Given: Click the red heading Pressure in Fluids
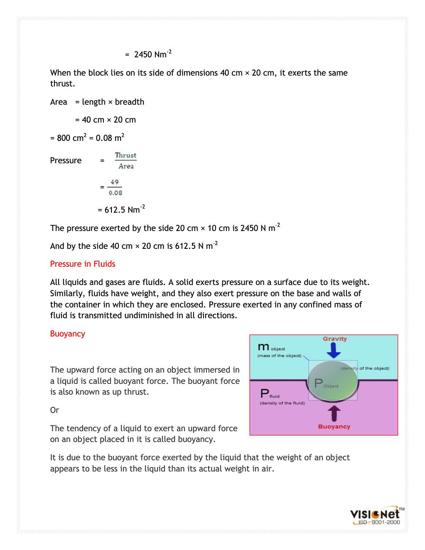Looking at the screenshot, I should (x=83, y=264).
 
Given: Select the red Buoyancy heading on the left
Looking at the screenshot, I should (x=67, y=334).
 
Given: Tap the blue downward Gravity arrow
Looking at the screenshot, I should (x=334, y=351).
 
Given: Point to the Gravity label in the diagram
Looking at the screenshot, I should (x=335, y=339).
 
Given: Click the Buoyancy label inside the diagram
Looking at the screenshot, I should (x=334, y=427).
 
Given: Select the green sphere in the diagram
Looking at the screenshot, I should (x=333, y=381).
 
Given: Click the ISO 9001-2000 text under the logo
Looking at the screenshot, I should (x=379, y=523).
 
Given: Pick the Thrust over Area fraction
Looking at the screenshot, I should (x=125, y=161).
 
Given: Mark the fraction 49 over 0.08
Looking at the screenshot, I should (x=115, y=187).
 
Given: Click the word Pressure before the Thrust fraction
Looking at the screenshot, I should (x=66, y=161).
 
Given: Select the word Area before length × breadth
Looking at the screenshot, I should (x=59, y=102).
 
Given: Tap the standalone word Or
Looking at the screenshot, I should (x=54, y=410).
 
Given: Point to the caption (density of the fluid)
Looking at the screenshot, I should (x=282, y=403).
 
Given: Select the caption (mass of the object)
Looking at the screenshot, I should (x=279, y=356).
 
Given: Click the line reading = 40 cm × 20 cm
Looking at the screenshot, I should (x=106, y=120).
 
